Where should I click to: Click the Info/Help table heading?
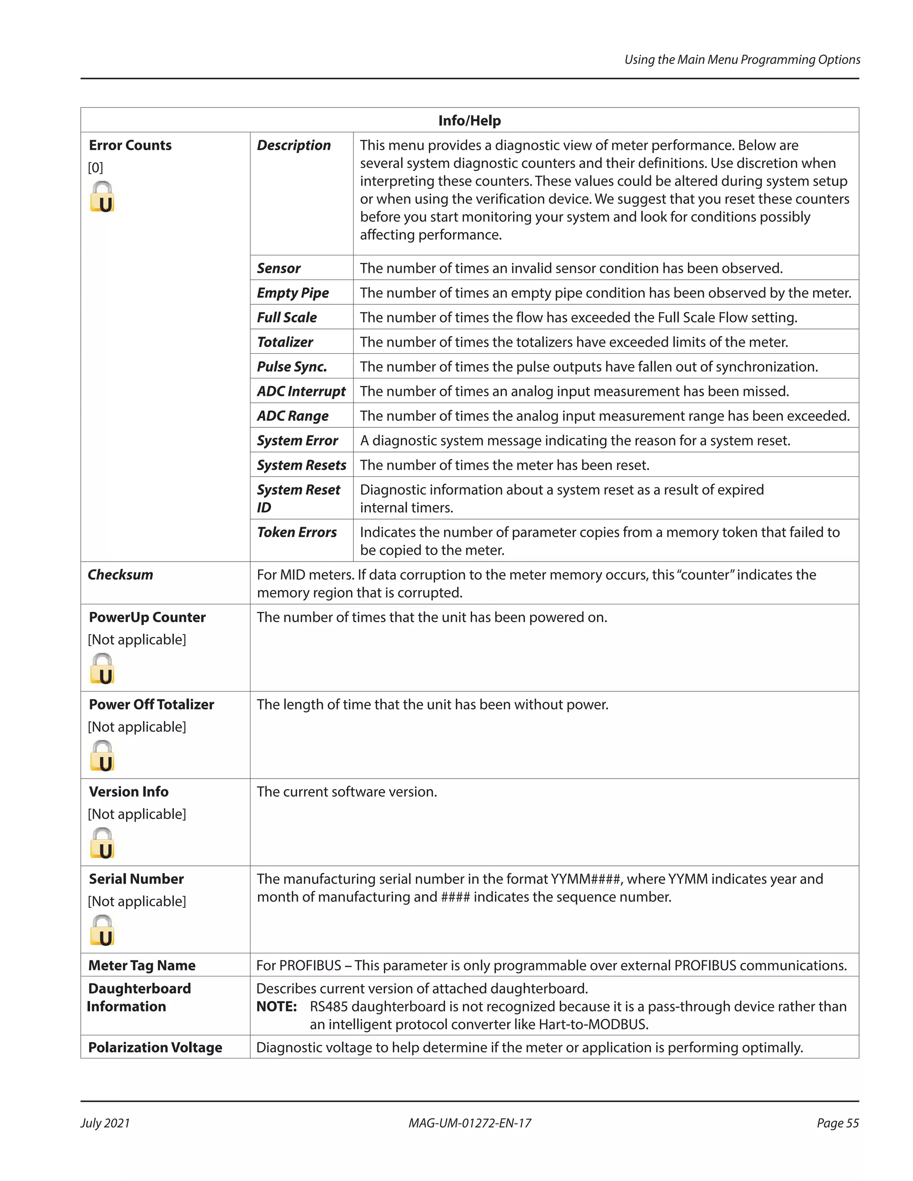[469, 121]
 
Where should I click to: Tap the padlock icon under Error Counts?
[102, 197]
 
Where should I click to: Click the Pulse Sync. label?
[292, 367]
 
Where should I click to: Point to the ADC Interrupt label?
[301, 391]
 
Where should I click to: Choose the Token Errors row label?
[296, 532]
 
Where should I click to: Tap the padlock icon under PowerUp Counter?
[102, 669]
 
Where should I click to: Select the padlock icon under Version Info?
[102, 844]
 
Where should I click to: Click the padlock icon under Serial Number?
[102, 931]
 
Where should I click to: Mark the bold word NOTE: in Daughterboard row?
[276, 1006]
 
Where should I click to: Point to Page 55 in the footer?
[837, 1123]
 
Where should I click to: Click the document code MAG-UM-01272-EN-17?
[469, 1123]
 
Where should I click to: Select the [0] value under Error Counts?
[95, 168]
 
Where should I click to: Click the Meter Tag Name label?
[142, 965]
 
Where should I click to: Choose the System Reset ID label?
[298, 498]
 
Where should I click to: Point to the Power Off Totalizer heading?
[152, 704]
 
